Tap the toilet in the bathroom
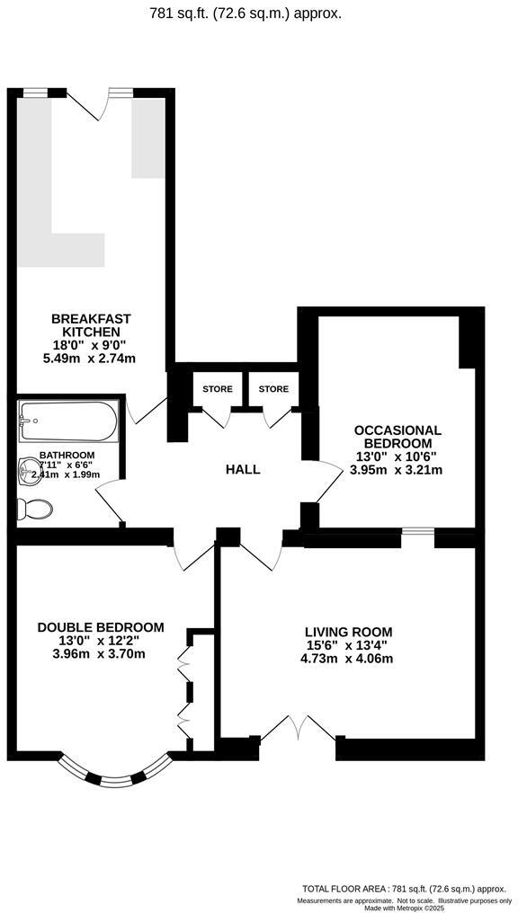point(35,509)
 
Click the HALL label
point(242,469)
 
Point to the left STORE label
point(218,389)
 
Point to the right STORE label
point(273,389)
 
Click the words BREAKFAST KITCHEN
point(91,325)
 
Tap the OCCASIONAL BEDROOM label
point(397,437)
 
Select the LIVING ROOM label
point(348,632)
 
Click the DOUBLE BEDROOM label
point(101,627)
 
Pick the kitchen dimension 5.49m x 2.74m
point(91,359)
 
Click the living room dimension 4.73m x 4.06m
point(348,659)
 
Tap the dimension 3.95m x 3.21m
point(397,470)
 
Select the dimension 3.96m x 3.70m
point(101,653)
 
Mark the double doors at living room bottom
point(298,729)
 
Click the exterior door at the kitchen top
point(97,103)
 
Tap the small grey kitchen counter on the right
point(148,137)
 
